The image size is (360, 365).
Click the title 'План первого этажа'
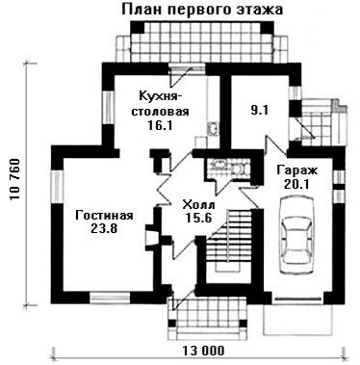pos(202,10)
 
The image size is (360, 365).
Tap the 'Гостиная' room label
pos(104,216)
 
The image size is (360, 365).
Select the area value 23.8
pos(104,228)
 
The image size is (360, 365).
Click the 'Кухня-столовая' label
pos(164,103)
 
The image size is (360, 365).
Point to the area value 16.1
pos(160,124)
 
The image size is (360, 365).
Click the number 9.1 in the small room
pos(259,111)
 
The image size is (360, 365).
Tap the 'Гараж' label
pos(297,170)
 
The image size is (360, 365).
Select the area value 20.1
pos(296,184)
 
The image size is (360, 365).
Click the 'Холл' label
pos(198,204)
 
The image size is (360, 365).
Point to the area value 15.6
pos(199,219)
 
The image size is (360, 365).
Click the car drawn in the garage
pos(296,236)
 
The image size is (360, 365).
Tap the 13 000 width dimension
pos(204,351)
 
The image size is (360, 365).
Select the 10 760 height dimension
pos(14,180)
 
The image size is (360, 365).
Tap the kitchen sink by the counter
pos(213,128)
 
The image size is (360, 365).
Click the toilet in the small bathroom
pos(239,169)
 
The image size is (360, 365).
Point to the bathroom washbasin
pos(219,164)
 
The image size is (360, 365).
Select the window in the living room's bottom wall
pos(110,298)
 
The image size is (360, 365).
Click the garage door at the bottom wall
pos(297,299)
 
